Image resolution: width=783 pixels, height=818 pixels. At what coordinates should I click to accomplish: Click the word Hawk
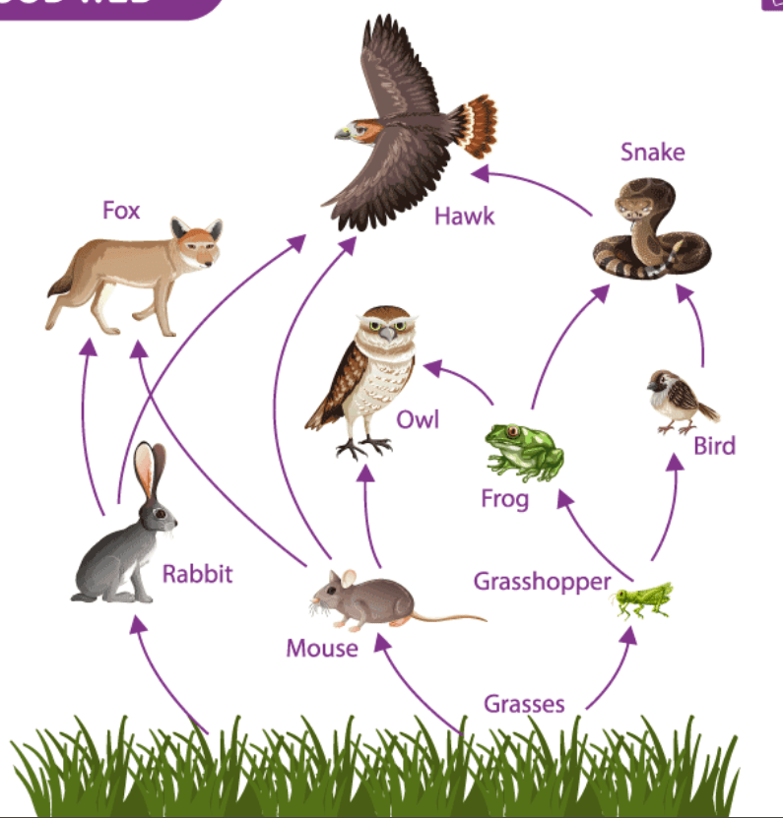tap(464, 215)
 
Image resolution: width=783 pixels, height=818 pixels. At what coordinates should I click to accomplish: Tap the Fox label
tap(121, 211)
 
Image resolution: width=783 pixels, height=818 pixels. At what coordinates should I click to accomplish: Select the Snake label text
tap(652, 153)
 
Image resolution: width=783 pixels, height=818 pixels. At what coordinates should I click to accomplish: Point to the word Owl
tap(418, 420)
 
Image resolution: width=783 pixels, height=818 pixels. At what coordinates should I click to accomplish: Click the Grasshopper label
tap(543, 581)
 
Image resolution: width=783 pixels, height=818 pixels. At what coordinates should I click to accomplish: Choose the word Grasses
tap(524, 704)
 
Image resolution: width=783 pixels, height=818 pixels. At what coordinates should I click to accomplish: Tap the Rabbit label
tap(198, 573)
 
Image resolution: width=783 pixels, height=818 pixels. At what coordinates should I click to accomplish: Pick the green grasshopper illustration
tap(645, 598)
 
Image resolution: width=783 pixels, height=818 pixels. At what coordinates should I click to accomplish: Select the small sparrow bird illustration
tap(679, 401)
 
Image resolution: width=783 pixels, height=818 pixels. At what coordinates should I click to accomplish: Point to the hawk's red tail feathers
tap(478, 125)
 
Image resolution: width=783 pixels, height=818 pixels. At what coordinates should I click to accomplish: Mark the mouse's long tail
tap(448, 617)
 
